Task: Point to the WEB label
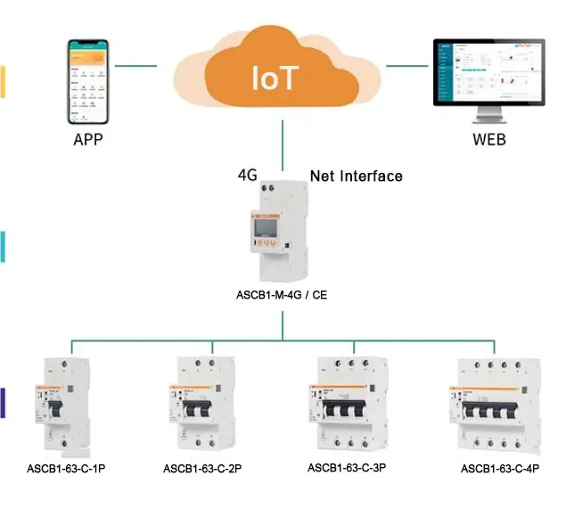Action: (489, 140)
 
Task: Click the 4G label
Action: (248, 175)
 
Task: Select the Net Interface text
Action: (356, 176)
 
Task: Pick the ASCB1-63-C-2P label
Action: (202, 468)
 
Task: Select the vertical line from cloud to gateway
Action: (283, 143)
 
